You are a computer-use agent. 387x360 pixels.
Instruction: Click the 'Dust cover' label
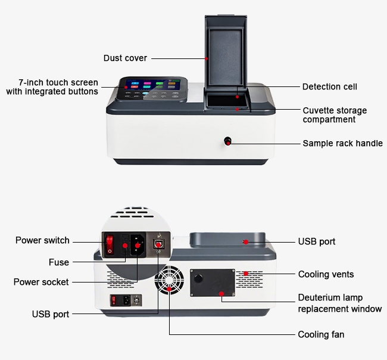click(x=125, y=58)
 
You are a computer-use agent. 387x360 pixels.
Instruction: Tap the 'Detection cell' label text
click(x=329, y=87)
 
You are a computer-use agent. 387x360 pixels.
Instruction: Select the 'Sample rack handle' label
click(x=342, y=143)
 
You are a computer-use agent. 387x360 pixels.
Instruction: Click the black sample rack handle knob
click(x=227, y=141)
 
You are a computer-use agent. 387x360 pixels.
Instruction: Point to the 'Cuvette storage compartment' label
click(x=334, y=115)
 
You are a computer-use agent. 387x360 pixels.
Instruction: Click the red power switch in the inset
click(x=110, y=244)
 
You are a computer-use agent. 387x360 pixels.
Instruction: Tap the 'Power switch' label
click(x=42, y=240)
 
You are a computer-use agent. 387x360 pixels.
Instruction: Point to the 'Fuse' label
click(x=59, y=262)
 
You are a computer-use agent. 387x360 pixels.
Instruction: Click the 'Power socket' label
click(x=41, y=281)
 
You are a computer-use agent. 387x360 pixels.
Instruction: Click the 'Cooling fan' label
click(x=321, y=334)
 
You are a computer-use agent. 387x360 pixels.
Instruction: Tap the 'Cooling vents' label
click(x=326, y=274)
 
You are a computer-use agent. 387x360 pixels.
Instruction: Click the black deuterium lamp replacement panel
click(x=212, y=282)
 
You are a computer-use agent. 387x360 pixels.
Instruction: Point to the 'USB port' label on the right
click(x=316, y=241)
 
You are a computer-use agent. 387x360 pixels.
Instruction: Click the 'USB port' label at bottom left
click(x=50, y=314)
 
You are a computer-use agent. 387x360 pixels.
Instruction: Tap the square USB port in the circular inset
click(x=158, y=244)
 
